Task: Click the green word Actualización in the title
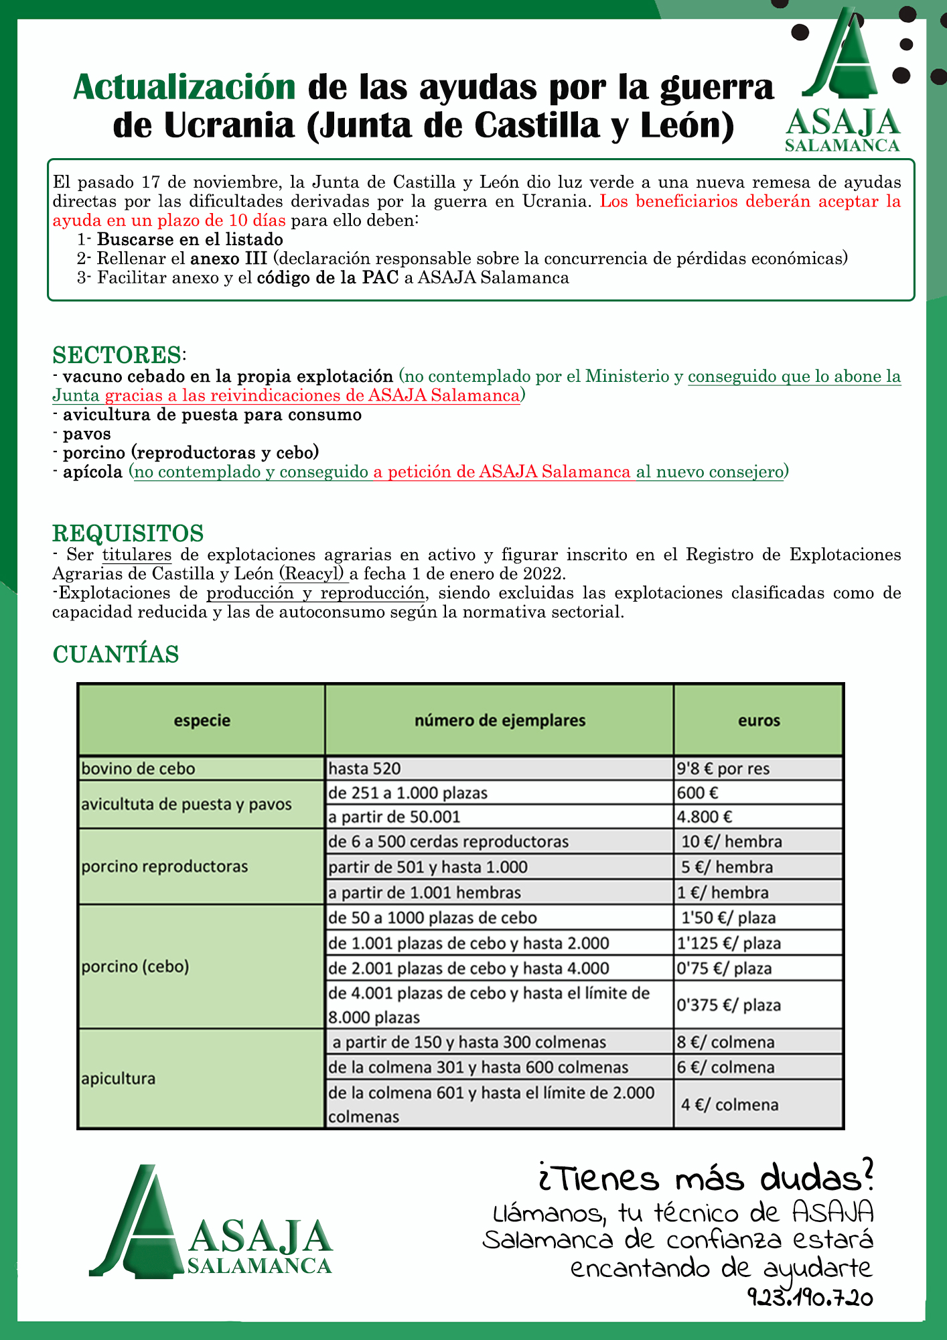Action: click(x=184, y=87)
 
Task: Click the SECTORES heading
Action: click(x=117, y=354)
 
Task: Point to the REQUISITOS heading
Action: click(x=128, y=533)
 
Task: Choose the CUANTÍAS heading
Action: click(x=116, y=654)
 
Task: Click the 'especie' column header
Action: click(x=202, y=720)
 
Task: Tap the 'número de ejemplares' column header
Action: click(x=500, y=720)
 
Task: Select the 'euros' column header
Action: click(x=759, y=720)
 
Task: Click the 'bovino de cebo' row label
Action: click(x=138, y=768)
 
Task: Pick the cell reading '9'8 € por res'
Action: click(x=723, y=768)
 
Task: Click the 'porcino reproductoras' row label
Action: click(x=165, y=866)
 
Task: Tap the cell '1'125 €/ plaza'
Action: click(x=729, y=943)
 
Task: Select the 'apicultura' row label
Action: click(x=119, y=1078)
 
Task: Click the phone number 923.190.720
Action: click(x=810, y=1298)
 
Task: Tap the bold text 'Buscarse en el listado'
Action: click(x=190, y=239)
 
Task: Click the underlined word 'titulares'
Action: click(x=137, y=555)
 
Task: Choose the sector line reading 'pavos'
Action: click(x=87, y=433)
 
